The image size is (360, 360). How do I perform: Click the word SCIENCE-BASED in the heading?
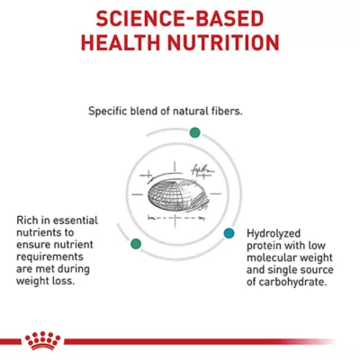pyautogui.click(x=180, y=18)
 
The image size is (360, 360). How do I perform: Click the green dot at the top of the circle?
pyautogui.click(x=194, y=131)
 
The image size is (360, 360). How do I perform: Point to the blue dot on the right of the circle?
pyautogui.click(x=229, y=232)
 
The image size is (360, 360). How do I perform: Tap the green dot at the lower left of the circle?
pyautogui.click(x=136, y=243)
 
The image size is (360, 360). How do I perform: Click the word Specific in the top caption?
pyautogui.click(x=109, y=112)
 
